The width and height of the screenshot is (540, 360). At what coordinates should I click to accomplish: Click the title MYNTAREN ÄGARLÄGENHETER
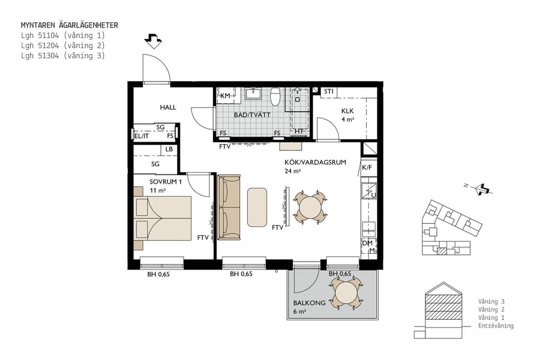[x=69, y=25]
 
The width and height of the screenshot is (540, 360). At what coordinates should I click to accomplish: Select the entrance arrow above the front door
[x=154, y=41]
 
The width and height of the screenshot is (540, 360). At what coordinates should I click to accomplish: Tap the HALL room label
[x=168, y=107]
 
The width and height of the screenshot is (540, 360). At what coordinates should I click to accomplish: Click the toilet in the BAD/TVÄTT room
[x=276, y=97]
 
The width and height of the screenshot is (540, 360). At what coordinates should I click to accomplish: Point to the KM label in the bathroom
[x=226, y=96]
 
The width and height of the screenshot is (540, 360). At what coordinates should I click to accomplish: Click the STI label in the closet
[x=328, y=92]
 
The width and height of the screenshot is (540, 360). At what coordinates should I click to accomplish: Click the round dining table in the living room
[x=310, y=208]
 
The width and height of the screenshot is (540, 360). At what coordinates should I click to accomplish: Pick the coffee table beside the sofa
[x=257, y=207]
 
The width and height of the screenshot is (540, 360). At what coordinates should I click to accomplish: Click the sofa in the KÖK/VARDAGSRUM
[x=229, y=207]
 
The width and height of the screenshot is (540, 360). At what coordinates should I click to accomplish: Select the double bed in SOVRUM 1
[x=163, y=218]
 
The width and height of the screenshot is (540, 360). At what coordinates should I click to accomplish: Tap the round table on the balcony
[x=346, y=293]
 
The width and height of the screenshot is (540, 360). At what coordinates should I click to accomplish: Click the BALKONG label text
[x=309, y=303]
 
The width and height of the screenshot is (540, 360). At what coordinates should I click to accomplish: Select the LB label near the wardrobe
[x=169, y=149]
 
